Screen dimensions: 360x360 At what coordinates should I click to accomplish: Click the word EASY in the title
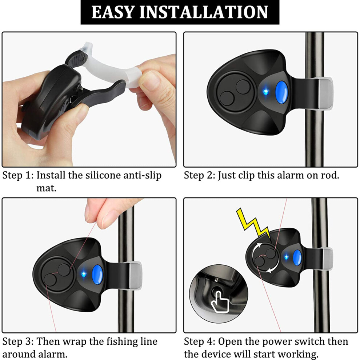pyautogui.click(x=113, y=12)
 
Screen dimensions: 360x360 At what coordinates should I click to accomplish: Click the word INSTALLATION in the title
pyautogui.click(x=204, y=12)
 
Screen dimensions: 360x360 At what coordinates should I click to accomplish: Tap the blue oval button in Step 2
pyautogui.click(x=281, y=92)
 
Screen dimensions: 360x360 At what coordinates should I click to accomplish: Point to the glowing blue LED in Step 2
pyautogui.click(x=266, y=92)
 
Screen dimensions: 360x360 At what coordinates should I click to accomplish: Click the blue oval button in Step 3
pyautogui.click(x=97, y=275)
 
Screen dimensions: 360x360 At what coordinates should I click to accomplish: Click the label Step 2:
pyautogui.click(x=200, y=176)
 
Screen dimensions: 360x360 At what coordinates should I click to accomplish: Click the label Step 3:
pyautogui.click(x=18, y=341)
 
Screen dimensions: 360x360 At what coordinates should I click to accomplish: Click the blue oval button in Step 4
pyautogui.click(x=297, y=257)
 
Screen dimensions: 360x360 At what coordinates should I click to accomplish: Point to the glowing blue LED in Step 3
pyautogui.click(x=84, y=274)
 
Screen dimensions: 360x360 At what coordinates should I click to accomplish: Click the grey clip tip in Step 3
pyautogui.click(x=136, y=276)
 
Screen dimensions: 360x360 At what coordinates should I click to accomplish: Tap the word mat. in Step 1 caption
pyautogui.click(x=47, y=188)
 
